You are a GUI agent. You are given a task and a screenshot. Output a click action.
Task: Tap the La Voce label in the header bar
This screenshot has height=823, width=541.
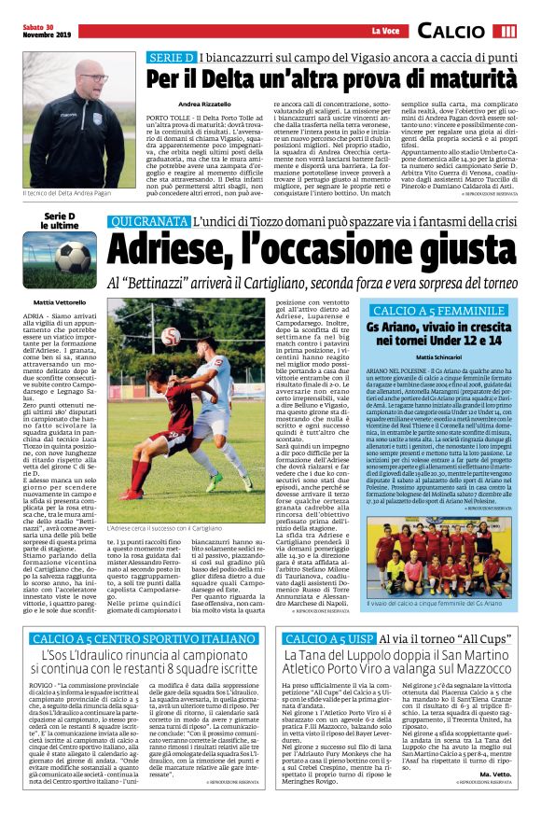coord(374,33)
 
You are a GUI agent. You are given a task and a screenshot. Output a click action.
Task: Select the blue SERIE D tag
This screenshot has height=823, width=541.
coord(171,58)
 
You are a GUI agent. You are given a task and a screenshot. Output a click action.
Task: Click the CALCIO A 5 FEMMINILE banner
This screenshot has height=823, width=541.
coord(441,311)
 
